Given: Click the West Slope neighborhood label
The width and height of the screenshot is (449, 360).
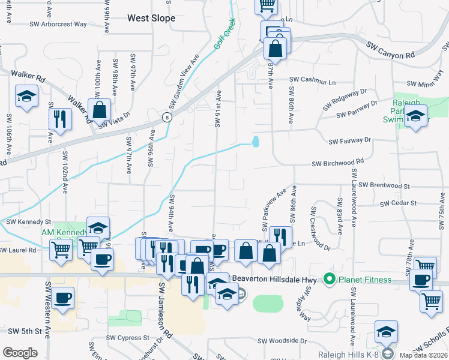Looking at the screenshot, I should click(x=151, y=19).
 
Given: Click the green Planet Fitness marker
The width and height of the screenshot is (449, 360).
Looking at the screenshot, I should click(x=329, y=279).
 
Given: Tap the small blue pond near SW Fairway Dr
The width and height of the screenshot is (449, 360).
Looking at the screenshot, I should click(x=256, y=142).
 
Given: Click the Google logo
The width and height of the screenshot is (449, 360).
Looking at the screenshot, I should click(x=20, y=353).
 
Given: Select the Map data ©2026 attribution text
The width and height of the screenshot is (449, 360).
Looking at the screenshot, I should click(x=423, y=355).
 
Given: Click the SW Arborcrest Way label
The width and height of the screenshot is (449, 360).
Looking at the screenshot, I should click(x=59, y=25).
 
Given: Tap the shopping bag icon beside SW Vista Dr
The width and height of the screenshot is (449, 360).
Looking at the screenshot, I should click(x=99, y=110).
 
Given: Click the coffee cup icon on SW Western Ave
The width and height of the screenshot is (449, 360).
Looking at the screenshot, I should click(x=62, y=298).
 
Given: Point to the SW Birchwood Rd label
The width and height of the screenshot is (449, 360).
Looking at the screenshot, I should click(x=337, y=163).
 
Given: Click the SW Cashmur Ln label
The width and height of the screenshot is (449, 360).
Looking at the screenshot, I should click(x=313, y=79).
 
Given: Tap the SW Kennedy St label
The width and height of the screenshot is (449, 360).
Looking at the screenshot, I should click(x=29, y=222).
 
